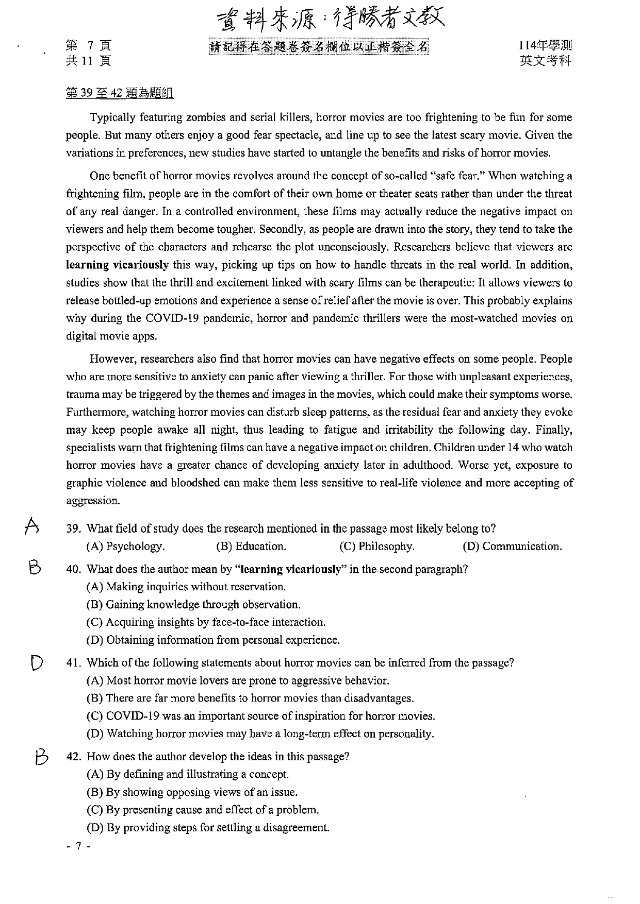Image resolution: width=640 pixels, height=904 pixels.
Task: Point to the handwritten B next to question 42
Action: coord(41,757)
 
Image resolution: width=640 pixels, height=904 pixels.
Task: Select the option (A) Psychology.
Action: coord(125,547)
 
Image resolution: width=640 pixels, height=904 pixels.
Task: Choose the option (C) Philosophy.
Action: coord(376,547)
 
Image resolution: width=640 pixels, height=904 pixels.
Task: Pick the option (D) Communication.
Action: coord(512,547)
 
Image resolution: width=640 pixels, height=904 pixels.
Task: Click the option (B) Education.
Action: coord(251,547)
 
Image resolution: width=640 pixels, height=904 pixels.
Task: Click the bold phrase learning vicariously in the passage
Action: coord(118,265)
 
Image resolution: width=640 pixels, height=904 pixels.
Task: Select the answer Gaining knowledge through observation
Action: coord(193,605)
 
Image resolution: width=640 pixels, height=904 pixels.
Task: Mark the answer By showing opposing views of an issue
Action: coord(192,792)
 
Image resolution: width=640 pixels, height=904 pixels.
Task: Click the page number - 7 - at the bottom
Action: coord(79,846)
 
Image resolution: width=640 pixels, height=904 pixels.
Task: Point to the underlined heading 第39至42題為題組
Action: coord(120,93)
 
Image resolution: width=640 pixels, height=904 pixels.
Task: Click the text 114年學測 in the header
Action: coord(546,46)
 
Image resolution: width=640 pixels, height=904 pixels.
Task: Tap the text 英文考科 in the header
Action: coord(546,61)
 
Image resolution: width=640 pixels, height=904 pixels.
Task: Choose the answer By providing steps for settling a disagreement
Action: coord(208,828)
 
